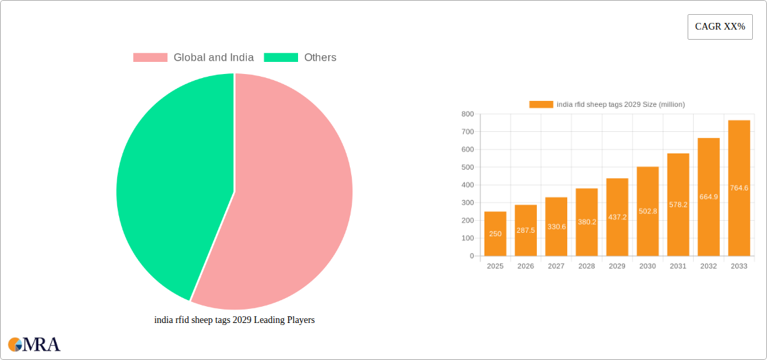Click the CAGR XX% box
[x=719, y=27]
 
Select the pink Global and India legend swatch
[x=150, y=58]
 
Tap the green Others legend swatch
[x=281, y=58]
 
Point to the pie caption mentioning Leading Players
[x=234, y=320]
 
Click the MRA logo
[x=34, y=345]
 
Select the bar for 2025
[x=495, y=233]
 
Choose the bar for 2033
[x=739, y=188]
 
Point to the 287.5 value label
[x=525, y=230]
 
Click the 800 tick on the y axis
[x=467, y=114]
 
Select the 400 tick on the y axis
[x=467, y=185]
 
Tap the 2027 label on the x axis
[x=556, y=266]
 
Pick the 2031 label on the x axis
[x=678, y=266]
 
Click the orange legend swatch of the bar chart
[x=541, y=104]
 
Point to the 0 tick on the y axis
[x=471, y=256]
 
